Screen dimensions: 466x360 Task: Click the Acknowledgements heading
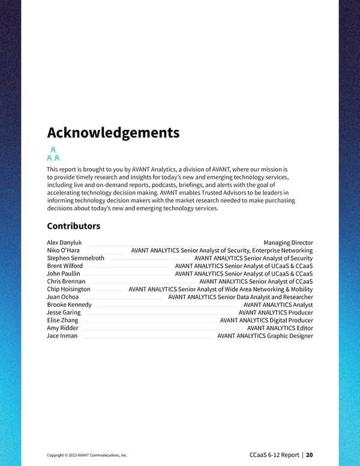tap(113, 132)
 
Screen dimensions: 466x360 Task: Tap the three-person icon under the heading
tap(53, 154)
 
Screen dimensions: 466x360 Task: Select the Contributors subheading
tap(73, 226)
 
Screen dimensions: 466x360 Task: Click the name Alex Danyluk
tap(64, 243)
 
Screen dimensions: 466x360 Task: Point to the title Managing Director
tap(288, 243)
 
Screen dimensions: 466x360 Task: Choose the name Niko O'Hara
tap(63, 250)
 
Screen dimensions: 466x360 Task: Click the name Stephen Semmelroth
tap(76, 258)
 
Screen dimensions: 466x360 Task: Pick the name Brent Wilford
tap(65, 266)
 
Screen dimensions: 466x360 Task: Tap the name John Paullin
tap(63, 274)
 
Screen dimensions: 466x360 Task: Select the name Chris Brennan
tap(66, 282)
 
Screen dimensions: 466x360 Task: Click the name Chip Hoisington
tap(68, 289)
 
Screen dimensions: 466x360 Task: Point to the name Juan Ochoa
tap(62, 297)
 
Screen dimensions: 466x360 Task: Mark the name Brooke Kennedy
tap(69, 305)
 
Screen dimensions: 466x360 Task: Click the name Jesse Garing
tap(64, 313)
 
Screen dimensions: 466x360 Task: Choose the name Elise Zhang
tap(62, 321)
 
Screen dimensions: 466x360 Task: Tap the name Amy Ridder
tap(62, 328)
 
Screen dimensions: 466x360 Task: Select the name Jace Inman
tap(62, 336)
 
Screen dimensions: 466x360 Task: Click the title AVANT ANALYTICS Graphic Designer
tap(265, 336)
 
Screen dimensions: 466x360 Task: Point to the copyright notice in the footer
tap(87, 455)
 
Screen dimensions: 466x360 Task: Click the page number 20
tap(309, 455)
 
